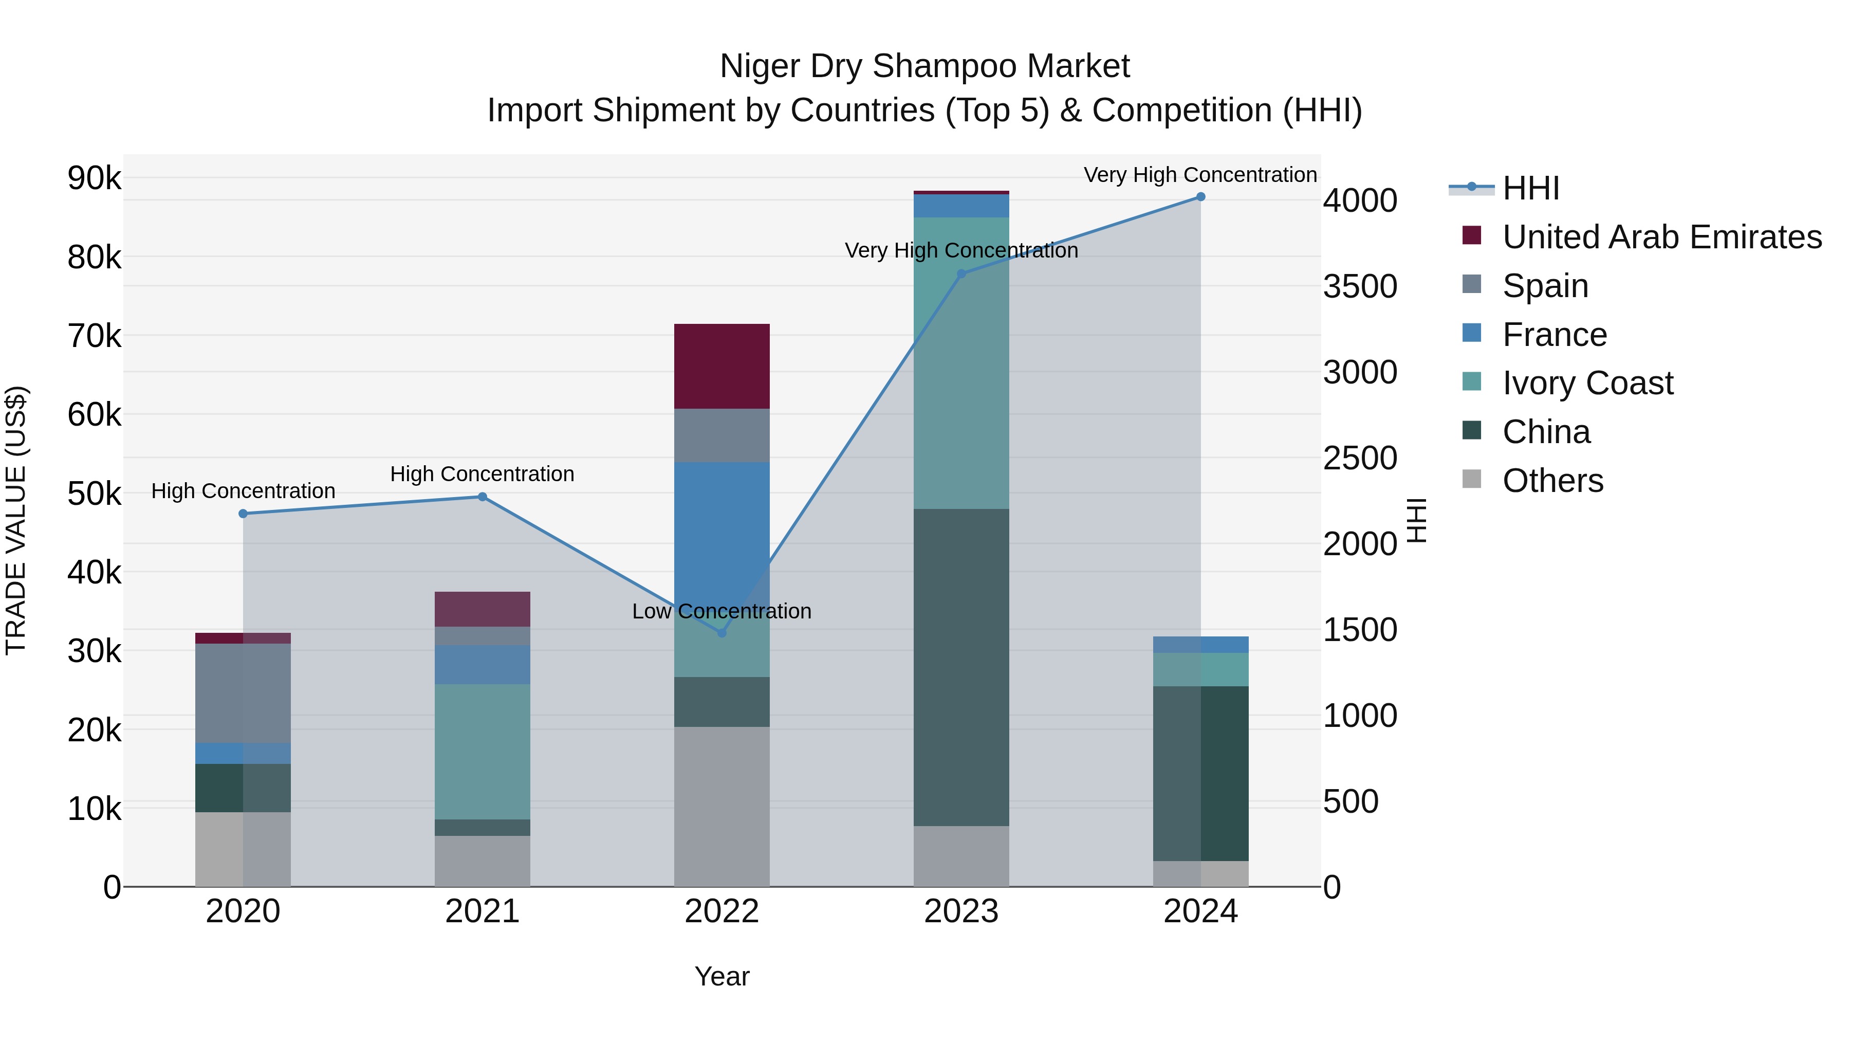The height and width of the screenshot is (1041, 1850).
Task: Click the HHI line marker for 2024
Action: coord(1200,197)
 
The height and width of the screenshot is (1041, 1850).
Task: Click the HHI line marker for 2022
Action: coord(722,633)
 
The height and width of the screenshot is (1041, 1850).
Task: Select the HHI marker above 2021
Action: coord(482,497)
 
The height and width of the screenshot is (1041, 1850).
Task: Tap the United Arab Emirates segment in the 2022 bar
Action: coord(722,367)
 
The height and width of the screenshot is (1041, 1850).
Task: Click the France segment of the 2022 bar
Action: coord(722,517)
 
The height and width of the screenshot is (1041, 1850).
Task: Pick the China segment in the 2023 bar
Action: coord(961,668)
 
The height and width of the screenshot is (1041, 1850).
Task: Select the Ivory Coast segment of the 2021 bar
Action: coord(482,752)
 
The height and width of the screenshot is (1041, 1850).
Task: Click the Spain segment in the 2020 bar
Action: coord(243,693)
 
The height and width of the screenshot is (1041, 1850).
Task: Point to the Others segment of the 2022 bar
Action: coord(722,807)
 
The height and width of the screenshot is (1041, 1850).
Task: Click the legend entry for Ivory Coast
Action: coord(1587,383)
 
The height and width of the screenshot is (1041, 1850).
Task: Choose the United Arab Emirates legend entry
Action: coord(1661,237)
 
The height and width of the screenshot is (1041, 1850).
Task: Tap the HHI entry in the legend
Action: coord(1530,188)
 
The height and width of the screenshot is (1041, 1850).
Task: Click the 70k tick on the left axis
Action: coord(94,336)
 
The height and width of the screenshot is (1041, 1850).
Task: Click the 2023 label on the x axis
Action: coord(961,911)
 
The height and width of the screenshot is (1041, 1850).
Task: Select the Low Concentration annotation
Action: coord(722,611)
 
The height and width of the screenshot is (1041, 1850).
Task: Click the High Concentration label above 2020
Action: coord(243,491)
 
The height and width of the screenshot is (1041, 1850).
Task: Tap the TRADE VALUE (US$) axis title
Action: coord(16,520)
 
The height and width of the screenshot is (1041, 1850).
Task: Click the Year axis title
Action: coord(722,976)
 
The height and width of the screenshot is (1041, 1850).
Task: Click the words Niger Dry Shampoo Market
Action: coord(924,67)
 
